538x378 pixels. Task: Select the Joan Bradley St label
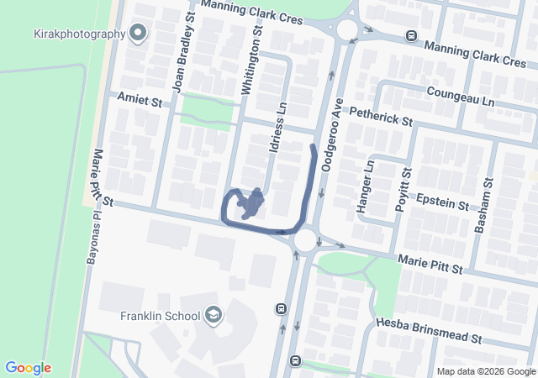184,51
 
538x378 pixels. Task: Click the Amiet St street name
139,101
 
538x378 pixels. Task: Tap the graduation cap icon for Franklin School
214,316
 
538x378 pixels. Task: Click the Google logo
28,368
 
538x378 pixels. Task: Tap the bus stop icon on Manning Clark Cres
411,36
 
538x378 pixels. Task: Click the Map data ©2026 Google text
486,372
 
